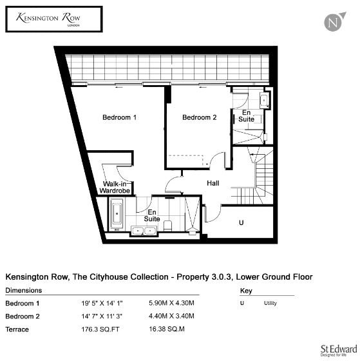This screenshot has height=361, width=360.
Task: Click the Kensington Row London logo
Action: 54,19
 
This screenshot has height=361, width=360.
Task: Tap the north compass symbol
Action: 334,22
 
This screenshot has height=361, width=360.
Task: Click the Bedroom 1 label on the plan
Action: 119,117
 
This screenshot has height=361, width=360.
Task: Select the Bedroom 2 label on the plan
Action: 200,117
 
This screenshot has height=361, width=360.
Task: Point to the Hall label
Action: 213,183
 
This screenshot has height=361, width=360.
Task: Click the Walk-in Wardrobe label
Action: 115,187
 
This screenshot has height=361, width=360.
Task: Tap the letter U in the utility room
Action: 241,222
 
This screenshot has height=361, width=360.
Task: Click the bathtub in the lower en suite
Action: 117,214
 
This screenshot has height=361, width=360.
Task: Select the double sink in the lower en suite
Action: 144,231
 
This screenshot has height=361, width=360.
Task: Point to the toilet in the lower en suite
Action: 167,226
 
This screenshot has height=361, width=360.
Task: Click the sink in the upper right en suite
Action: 264,100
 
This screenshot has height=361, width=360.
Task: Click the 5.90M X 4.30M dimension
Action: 171,303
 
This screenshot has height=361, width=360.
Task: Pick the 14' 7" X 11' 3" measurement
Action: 102,316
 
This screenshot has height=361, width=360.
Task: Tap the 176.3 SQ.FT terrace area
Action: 100,329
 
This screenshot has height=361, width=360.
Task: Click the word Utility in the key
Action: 270,303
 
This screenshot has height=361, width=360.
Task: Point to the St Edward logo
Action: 339,351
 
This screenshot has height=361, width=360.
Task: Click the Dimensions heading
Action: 23,290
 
